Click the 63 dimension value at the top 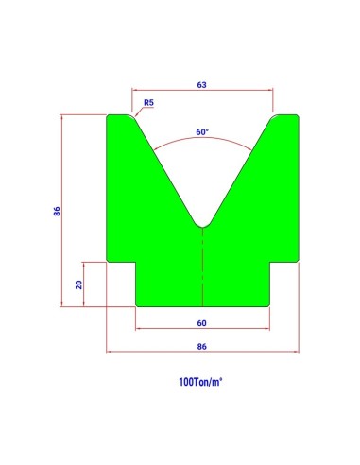click(x=201, y=85)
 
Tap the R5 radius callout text click(x=148, y=102)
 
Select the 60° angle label click(x=202, y=132)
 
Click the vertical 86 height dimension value click(x=57, y=211)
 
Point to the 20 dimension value click(x=78, y=284)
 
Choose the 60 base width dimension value click(x=201, y=323)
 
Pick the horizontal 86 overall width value click(x=201, y=347)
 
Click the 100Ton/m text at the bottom click(x=200, y=382)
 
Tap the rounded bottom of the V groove click(x=202, y=226)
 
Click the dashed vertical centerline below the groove click(x=202, y=267)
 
